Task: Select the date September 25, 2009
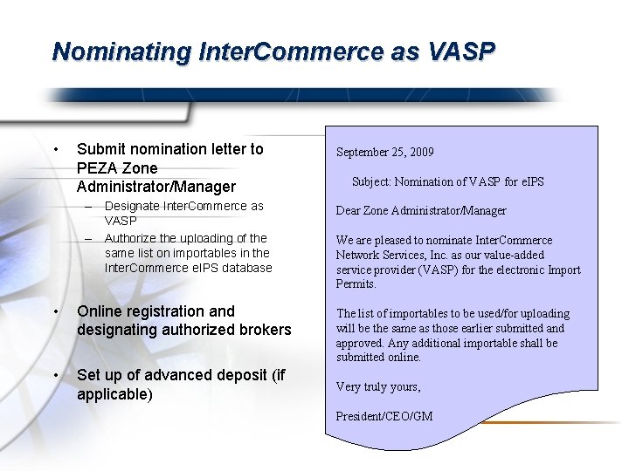pos(385,153)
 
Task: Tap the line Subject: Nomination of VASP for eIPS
pos(447,181)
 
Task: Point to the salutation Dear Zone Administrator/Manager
pos(421,211)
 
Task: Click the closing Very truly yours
pos(378,386)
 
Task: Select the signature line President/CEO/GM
pos(384,416)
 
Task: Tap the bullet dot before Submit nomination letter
pos(56,149)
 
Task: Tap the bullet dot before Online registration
pos(56,311)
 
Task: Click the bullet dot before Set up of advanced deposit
pos(56,375)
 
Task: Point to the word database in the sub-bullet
pos(247,268)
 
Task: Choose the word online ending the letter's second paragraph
pos(404,358)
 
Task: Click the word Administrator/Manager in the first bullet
pos(156,187)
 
